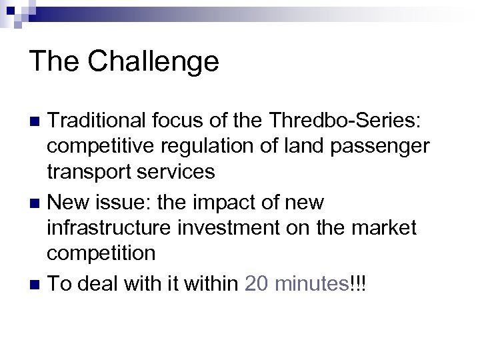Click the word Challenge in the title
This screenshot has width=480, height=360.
tap(153, 61)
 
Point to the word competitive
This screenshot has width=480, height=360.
tap(99, 147)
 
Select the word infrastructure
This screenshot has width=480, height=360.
tap(110, 228)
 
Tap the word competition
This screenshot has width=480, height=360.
tap(101, 253)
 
